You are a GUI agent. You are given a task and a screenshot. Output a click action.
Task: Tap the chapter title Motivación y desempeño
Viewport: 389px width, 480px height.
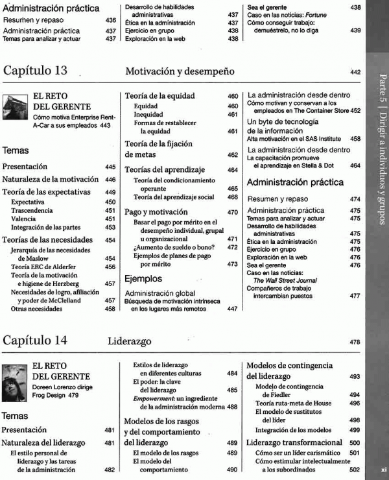[x=180, y=71]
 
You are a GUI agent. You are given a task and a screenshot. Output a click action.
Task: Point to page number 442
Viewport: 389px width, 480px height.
[x=354, y=71]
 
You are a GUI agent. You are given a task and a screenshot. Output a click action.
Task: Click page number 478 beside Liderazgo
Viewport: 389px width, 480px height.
[x=354, y=342]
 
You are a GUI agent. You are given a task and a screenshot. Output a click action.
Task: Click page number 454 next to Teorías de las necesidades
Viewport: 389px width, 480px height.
[x=110, y=240]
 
